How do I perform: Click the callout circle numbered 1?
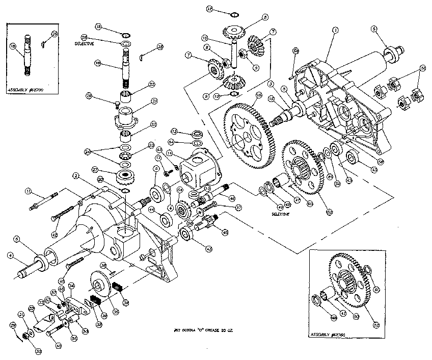(x=335, y=31)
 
